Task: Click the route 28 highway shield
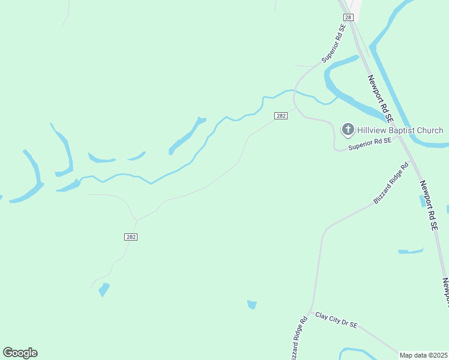pos(348,17)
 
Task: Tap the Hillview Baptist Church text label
pos(400,130)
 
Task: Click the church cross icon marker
pos(348,130)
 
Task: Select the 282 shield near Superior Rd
pos(281,116)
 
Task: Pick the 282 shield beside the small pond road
pos(131,237)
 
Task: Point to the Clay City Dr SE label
pos(337,320)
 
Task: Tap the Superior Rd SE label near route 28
pos(334,44)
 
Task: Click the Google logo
pos(20,353)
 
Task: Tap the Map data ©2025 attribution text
pos(424,355)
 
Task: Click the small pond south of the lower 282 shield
pos(104,290)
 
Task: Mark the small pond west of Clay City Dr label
pos(252,305)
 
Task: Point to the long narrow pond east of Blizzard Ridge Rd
pos(411,250)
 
